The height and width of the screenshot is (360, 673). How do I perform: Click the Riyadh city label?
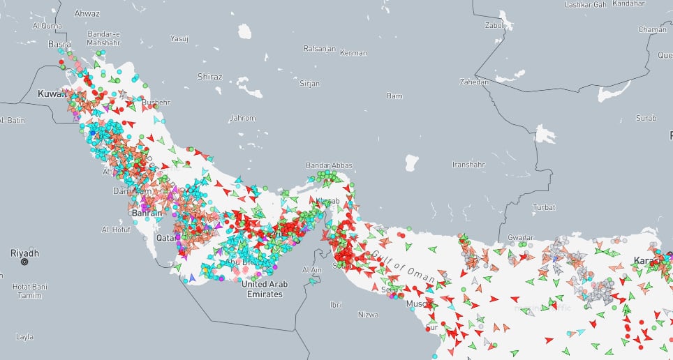[24, 253]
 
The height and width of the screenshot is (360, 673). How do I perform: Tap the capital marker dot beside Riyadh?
[24, 262]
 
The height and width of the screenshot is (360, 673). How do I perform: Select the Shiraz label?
[209, 76]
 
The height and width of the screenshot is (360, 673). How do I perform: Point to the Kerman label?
[353, 53]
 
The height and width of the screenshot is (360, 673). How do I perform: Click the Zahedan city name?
[474, 82]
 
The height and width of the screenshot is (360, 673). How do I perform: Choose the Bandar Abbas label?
[326, 165]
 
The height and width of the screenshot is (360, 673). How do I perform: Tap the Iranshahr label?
[468, 165]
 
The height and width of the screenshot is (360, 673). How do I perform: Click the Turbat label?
[544, 207]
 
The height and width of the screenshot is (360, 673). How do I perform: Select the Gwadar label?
[521, 237]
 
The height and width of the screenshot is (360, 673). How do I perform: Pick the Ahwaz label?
[87, 13]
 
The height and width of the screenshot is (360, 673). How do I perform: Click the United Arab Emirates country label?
[262, 289]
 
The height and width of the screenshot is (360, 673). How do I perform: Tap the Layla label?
[24, 337]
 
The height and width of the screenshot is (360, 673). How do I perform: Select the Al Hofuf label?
[116, 229]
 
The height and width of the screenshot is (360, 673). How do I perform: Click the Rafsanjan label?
[320, 49]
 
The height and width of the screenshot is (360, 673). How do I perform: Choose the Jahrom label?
[242, 118]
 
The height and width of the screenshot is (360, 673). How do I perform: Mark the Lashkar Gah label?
[586, 4]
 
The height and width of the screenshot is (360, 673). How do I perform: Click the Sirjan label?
[309, 83]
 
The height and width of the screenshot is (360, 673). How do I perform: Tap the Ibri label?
[336, 305]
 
